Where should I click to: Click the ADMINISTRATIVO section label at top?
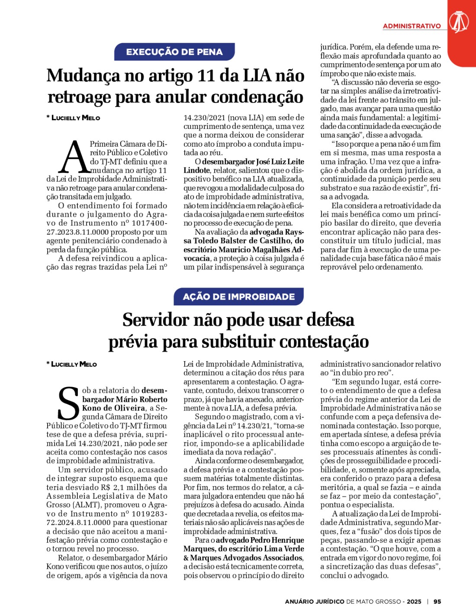tap(412, 26)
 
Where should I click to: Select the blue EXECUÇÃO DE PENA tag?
tap(174, 52)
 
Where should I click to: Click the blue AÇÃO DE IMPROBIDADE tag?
tap(238, 297)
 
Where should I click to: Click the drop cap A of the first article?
tap(74, 157)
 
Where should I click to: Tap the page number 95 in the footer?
tap(437, 601)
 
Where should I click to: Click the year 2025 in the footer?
tap(414, 601)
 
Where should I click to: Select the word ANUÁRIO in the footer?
tap(300, 601)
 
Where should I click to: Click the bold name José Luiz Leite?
tap(280, 162)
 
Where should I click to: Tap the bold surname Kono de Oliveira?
tap(113, 408)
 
